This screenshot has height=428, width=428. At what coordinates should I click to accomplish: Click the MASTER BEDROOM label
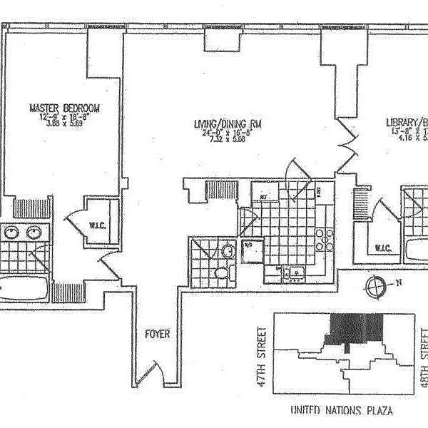coord(64,108)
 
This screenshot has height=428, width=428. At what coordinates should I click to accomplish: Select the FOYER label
coord(157,334)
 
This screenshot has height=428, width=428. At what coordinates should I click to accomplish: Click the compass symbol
coord(375,287)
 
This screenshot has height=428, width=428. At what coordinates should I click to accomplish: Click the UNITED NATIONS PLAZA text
coord(342,411)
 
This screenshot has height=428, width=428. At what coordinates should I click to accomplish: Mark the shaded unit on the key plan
coord(354,330)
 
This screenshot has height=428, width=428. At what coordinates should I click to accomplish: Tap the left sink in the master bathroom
coord(11,232)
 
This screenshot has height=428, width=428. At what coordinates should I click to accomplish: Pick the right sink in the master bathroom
coord(34,232)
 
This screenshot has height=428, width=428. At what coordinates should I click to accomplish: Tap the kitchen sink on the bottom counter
coord(294,271)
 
